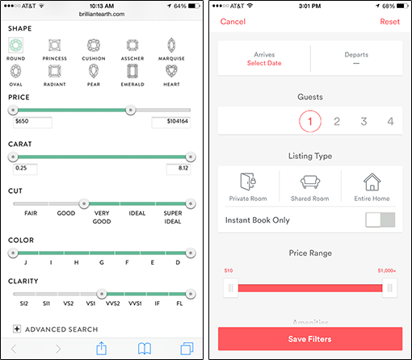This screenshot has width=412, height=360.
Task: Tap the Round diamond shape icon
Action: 15,44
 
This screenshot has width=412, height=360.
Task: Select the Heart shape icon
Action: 171,71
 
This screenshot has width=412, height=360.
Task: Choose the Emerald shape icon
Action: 132,72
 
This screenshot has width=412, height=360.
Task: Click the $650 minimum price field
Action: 32,122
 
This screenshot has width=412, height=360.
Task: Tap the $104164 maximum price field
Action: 171,122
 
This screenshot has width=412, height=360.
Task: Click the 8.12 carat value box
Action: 179,169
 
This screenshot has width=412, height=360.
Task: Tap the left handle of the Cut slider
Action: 84,203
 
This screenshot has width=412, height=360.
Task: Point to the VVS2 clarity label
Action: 112,303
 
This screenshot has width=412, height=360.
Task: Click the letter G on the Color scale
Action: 102,262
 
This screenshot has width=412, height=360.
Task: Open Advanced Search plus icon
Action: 17,329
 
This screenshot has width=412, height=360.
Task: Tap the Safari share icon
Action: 102,348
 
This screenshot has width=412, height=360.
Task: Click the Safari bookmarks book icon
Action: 145,349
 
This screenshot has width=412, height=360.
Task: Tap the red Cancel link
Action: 233,22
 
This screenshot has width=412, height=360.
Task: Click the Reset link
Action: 389,22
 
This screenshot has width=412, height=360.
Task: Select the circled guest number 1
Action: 310,121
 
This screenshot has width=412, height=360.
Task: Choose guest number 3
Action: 364,121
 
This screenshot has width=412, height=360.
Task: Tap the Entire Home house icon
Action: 372,182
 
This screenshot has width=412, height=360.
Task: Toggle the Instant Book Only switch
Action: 380,220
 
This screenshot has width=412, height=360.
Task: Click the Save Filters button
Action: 310,339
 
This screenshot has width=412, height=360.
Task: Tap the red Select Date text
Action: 264,63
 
